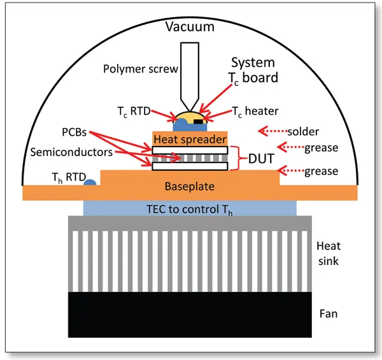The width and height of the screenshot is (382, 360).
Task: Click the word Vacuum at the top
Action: (190, 27)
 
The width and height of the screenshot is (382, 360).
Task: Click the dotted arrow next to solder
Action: (270, 131)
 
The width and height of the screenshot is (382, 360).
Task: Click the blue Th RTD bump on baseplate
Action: (90, 183)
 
